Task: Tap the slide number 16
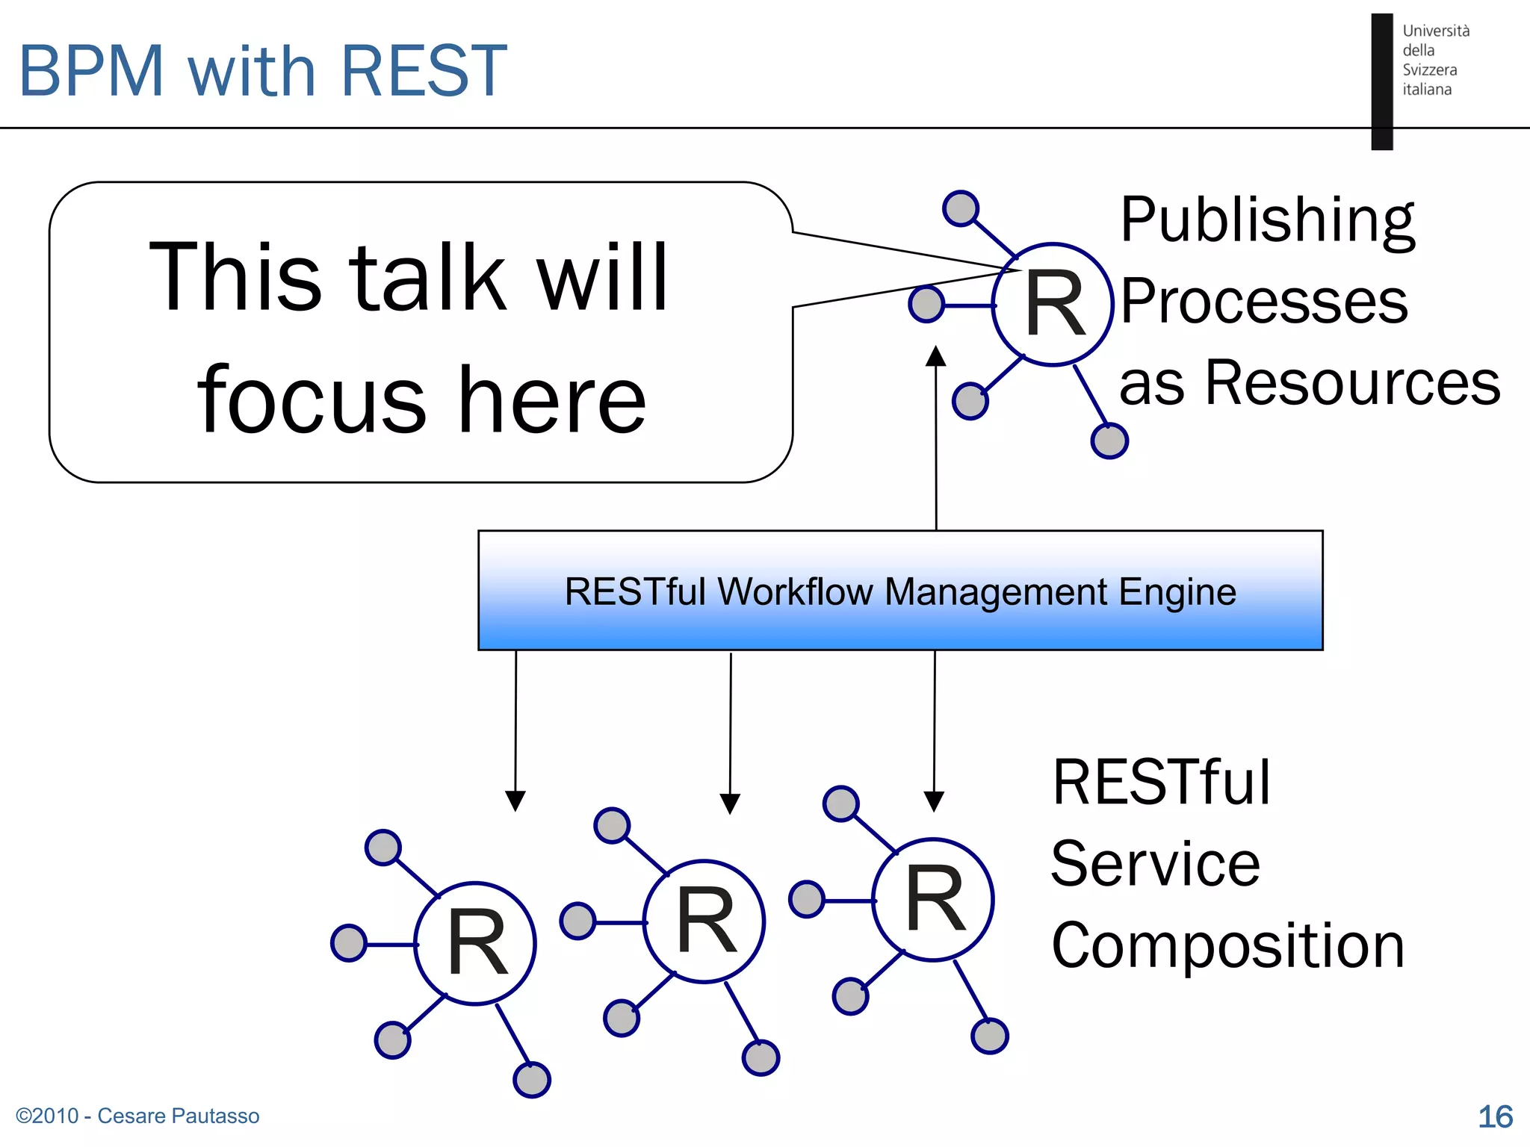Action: pos(1495,1116)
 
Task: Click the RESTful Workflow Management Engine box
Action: pos(900,591)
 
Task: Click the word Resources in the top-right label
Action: pos(1352,382)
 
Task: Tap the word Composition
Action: pos(1228,945)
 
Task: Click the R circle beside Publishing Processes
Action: pos(1053,305)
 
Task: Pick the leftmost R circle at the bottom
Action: pos(475,944)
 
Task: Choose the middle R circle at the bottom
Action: pos(704,921)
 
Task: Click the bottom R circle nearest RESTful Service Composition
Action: pos(933,900)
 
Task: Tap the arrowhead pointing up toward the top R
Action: pos(935,356)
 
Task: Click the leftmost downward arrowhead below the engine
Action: pos(515,801)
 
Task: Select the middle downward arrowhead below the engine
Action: pos(730,803)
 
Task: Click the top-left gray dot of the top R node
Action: pos(961,208)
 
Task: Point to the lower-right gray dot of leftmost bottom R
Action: pos(532,1079)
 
